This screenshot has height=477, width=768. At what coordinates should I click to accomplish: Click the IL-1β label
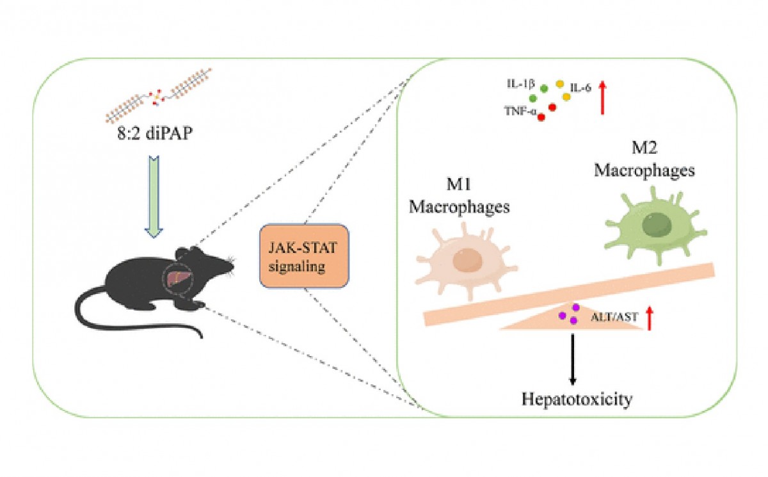click(522, 86)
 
